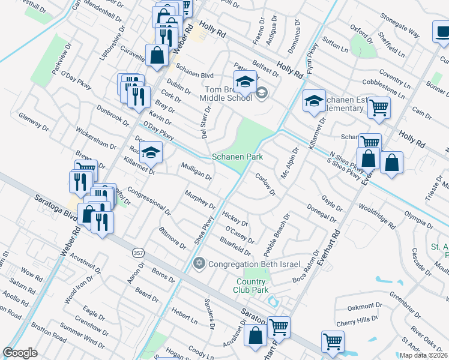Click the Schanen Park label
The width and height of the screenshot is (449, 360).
click(x=238, y=157)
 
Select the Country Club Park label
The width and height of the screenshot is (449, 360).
click(x=251, y=286)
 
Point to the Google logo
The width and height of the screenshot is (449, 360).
click(x=20, y=353)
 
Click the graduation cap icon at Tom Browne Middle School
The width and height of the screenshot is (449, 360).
click(x=244, y=82)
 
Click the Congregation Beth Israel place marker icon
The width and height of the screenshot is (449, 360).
click(x=199, y=263)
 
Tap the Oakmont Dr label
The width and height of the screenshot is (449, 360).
click(x=361, y=307)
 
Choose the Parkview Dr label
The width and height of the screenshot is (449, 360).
click(x=61, y=58)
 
